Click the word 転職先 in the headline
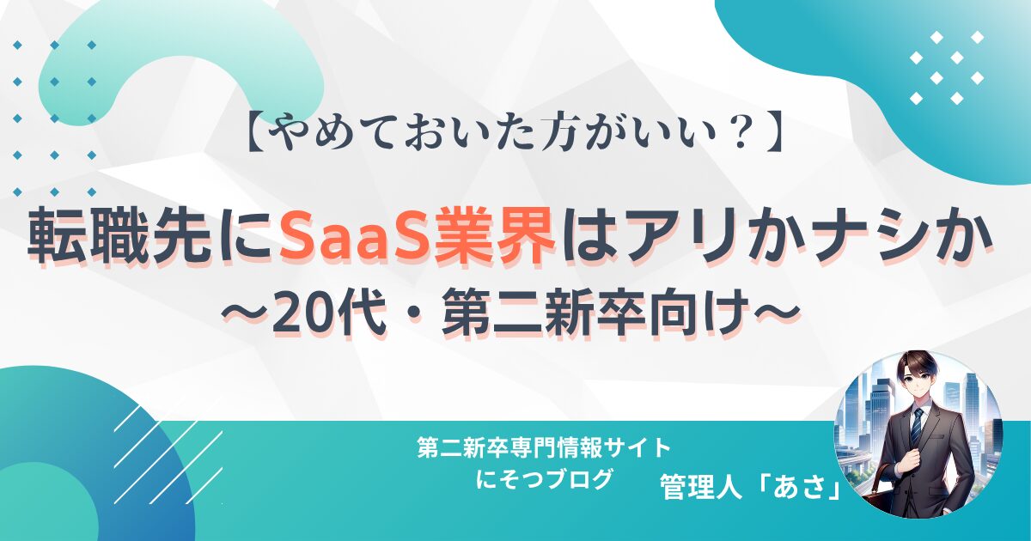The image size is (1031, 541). pyautogui.click(x=119, y=236)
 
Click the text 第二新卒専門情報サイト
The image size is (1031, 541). pyautogui.click(x=543, y=448)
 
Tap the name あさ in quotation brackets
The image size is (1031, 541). pyautogui.click(x=800, y=487)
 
